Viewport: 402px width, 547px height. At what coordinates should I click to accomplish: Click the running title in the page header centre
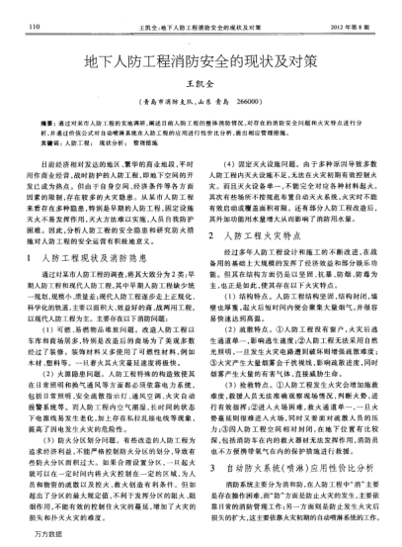click(200, 14)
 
